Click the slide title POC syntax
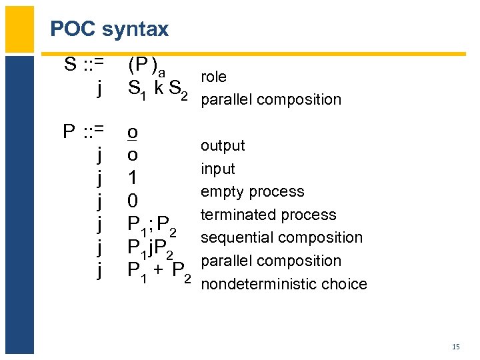click(x=109, y=29)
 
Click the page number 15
click(x=456, y=346)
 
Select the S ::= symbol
click(x=84, y=65)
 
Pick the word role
click(x=213, y=77)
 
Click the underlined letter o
click(x=133, y=132)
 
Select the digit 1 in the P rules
click(x=133, y=177)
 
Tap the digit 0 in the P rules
click(x=133, y=201)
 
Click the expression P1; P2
click(x=153, y=225)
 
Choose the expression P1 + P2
click(x=159, y=272)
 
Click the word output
click(x=223, y=145)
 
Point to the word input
click(x=218, y=169)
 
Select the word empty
click(x=221, y=192)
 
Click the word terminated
click(x=237, y=215)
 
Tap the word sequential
click(x=237, y=237)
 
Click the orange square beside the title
click(x=19, y=29)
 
